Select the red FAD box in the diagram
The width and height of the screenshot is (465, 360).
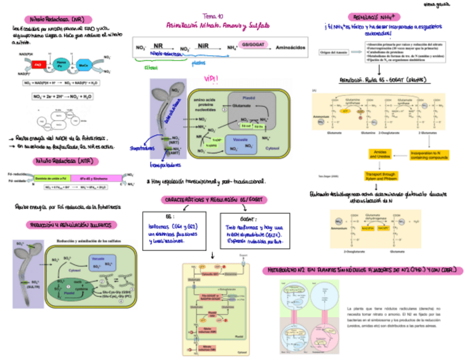[38, 64]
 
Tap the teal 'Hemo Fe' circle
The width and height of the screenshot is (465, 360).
[62, 64]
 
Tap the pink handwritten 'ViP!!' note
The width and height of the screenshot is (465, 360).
[211, 80]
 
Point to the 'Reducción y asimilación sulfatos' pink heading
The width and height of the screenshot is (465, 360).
[72, 225]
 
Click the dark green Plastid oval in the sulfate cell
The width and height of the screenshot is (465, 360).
[71, 288]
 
